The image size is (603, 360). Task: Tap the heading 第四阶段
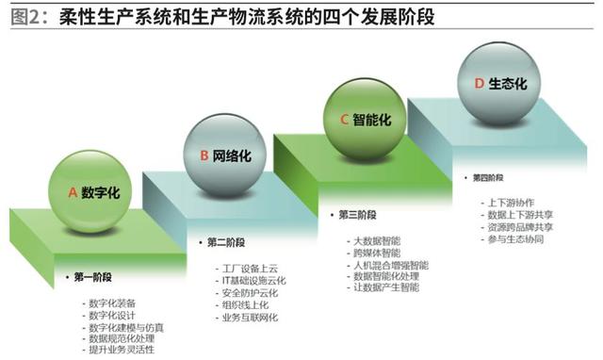(486, 178)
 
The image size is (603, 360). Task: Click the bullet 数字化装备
(112, 302)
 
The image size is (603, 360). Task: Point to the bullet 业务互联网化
(246, 318)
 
